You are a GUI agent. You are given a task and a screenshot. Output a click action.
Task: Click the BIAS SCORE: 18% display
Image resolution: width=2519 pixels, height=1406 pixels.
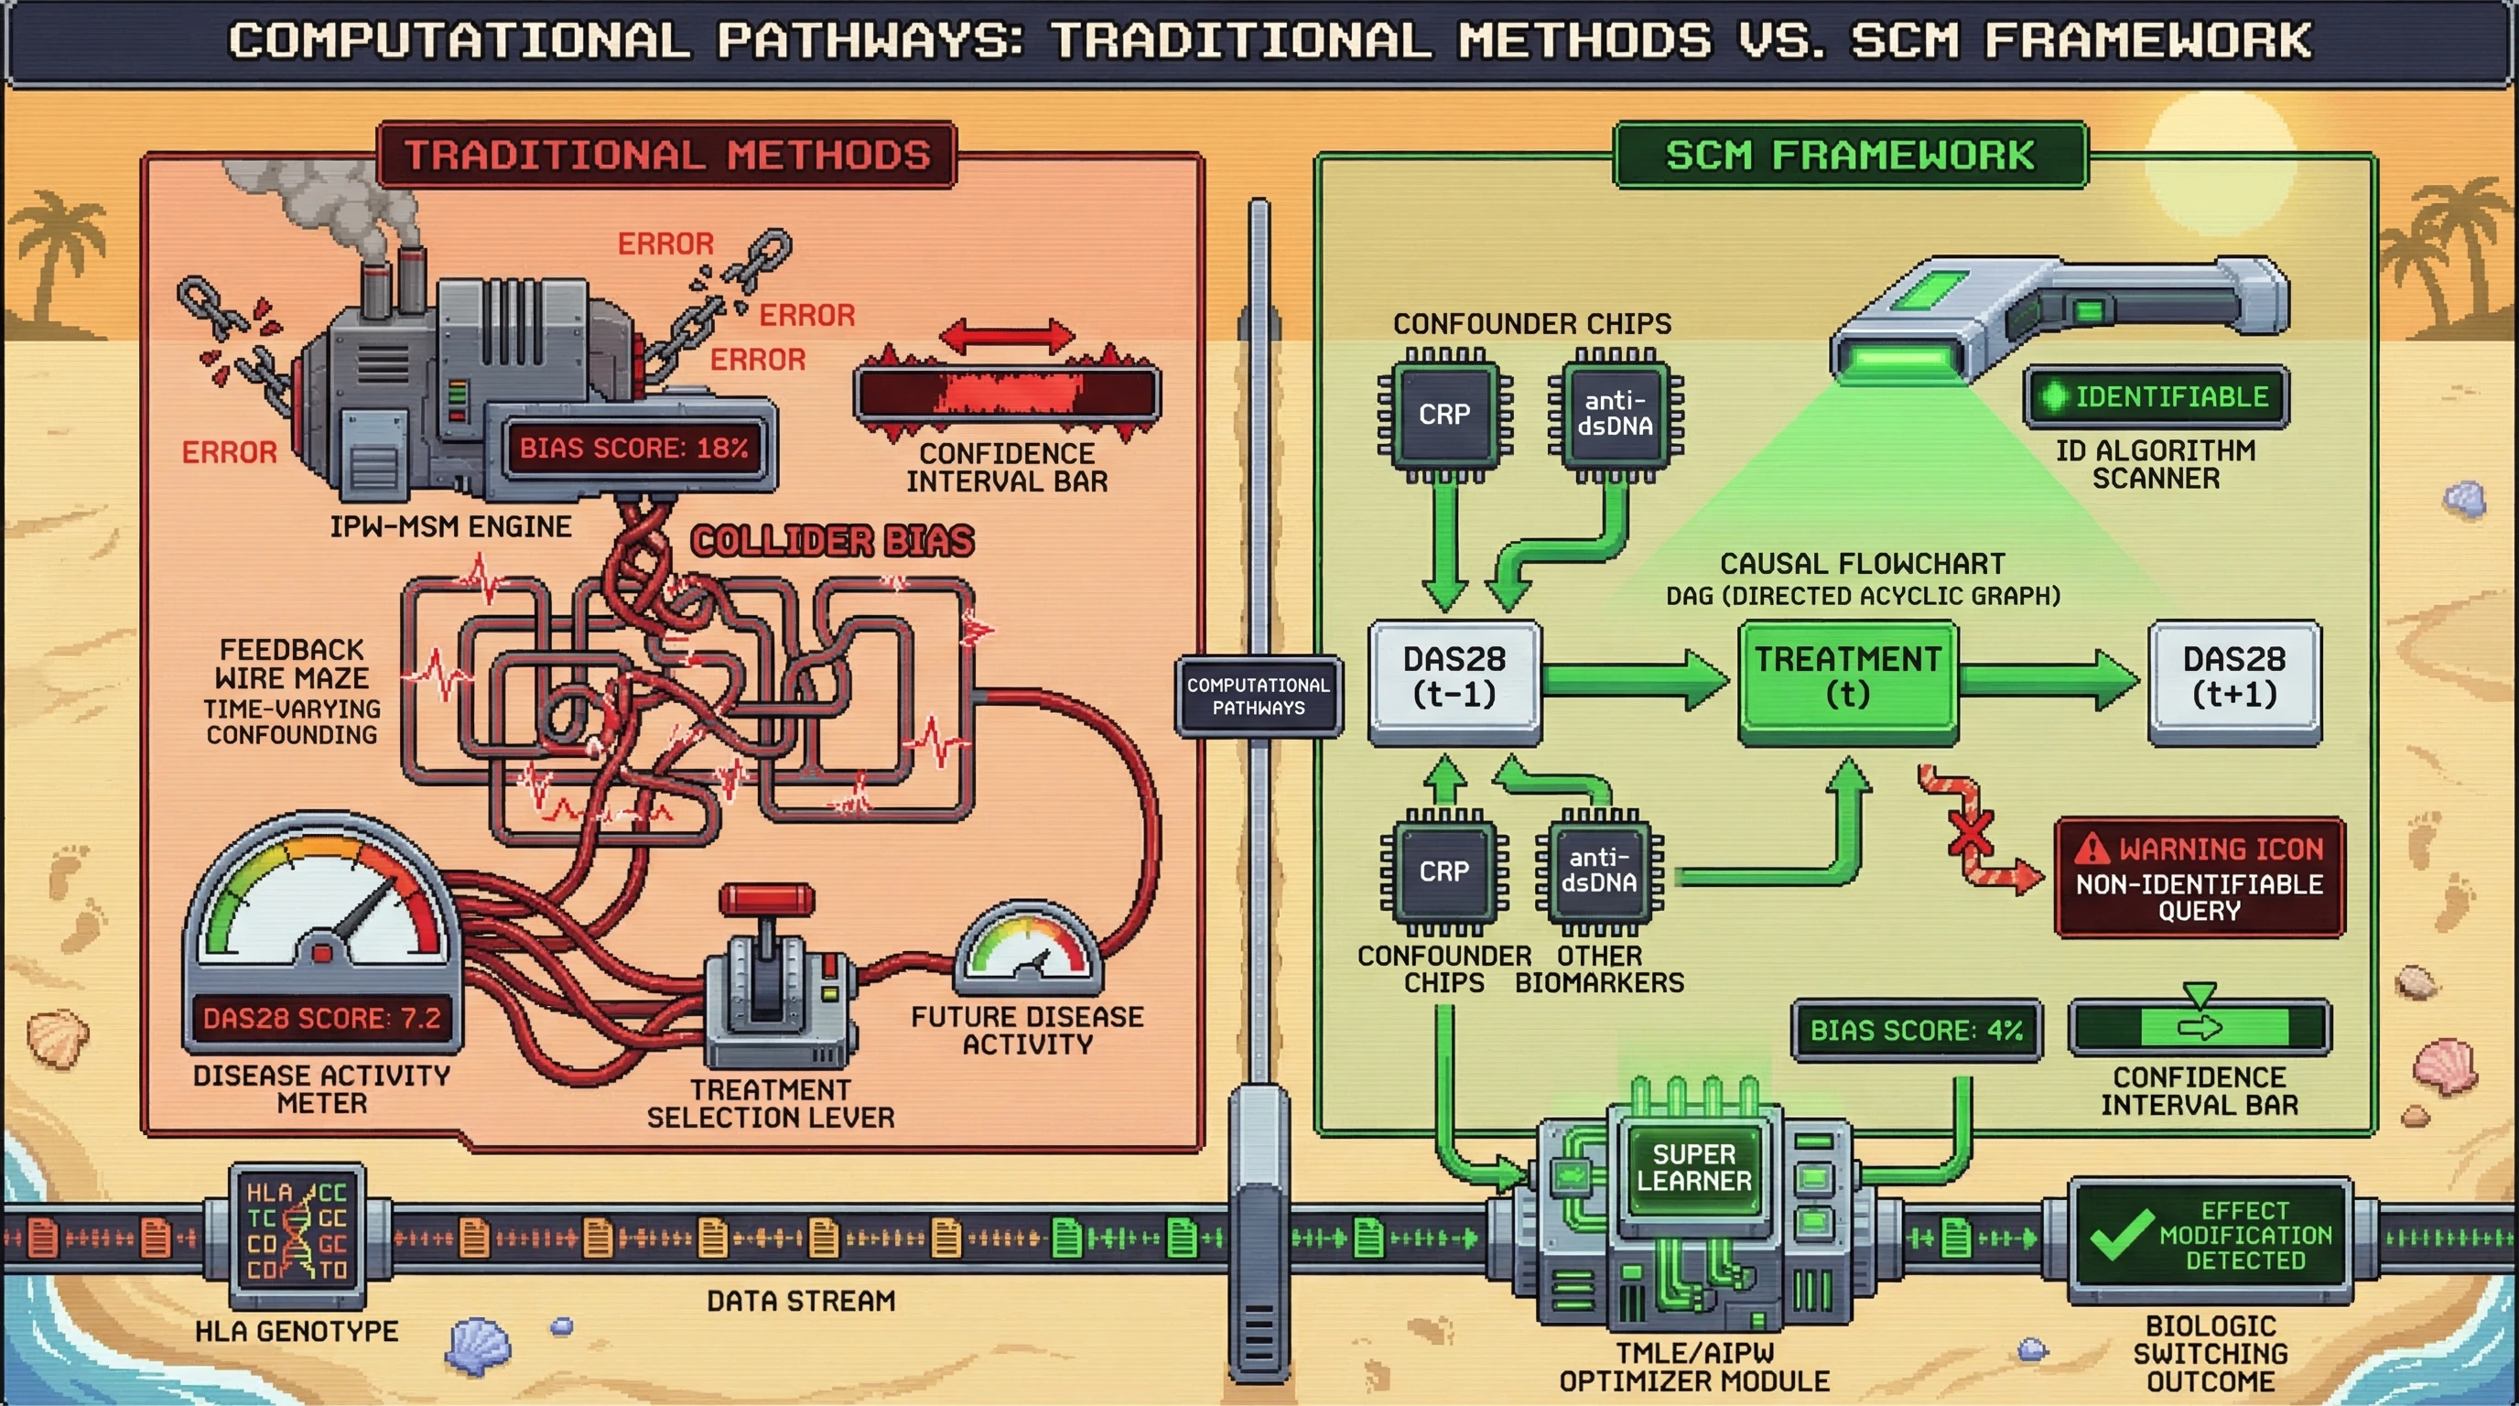coord(633,448)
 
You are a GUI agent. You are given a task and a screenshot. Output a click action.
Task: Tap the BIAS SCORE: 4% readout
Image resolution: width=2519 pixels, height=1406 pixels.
coord(1915,1030)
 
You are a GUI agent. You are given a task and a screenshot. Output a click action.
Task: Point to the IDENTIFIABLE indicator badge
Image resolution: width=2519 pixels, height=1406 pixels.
coord(2157,397)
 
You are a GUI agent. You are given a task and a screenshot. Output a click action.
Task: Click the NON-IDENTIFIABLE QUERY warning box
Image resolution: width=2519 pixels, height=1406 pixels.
coord(2200,879)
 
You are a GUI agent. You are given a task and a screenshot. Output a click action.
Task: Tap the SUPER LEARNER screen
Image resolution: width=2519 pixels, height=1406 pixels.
coord(1693,1168)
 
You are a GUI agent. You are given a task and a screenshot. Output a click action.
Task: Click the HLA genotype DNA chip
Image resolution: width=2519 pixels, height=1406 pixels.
coord(297,1233)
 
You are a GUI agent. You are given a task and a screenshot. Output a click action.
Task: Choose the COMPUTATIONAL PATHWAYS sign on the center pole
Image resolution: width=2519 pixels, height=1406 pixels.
coord(1259,697)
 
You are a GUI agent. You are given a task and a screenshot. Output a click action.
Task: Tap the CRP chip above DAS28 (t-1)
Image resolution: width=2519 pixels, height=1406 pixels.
coord(1444,415)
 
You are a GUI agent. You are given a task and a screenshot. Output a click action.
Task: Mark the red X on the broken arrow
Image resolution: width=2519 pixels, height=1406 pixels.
coord(1971,832)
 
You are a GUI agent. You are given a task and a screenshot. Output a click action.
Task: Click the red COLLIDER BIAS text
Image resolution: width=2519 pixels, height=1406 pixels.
coord(832,541)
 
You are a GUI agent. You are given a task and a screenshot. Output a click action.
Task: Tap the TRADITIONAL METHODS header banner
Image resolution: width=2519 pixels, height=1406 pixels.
coord(667,155)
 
